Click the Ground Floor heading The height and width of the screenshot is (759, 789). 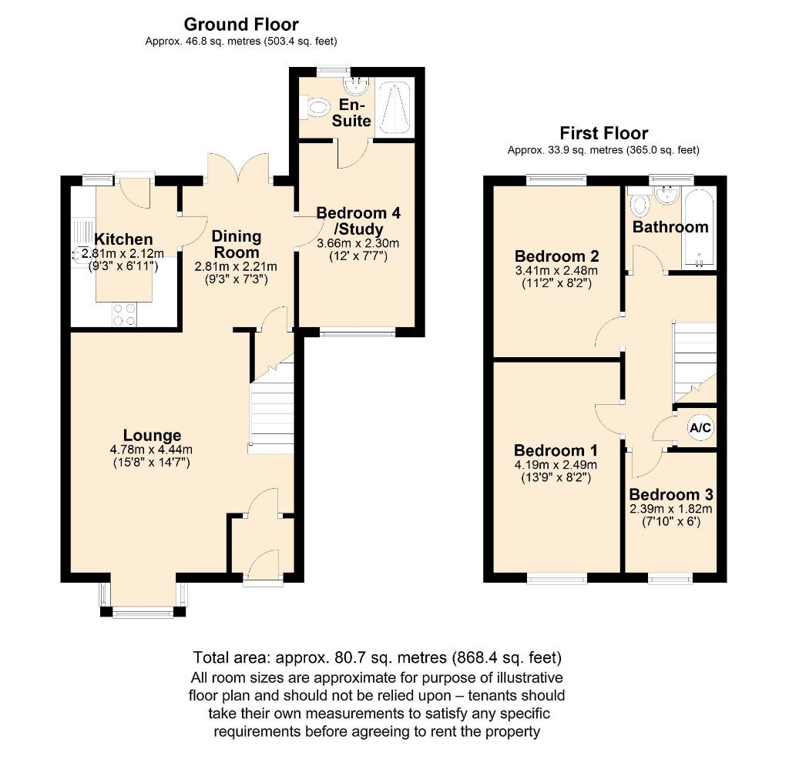[x=240, y=25]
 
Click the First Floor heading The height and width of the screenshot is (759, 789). [x=603, y=133]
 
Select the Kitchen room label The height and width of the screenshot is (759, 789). [x=123, y=239]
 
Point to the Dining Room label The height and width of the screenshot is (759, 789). [x=237, y=244]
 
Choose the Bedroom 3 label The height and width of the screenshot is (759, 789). [x=670, y=494]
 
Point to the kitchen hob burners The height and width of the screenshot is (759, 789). [x=125, y=314]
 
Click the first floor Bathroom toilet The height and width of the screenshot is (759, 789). [x=639, y=205]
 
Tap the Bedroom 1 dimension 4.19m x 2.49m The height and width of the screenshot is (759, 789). [x=556, y=464]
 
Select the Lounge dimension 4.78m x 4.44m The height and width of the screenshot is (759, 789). [x=150, y=450]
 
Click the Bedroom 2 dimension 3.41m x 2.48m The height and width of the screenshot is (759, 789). [x=556, y=270]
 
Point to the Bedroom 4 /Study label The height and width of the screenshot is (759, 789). [x=358, y=220]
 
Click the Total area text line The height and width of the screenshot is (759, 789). [x=378, y=658]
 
